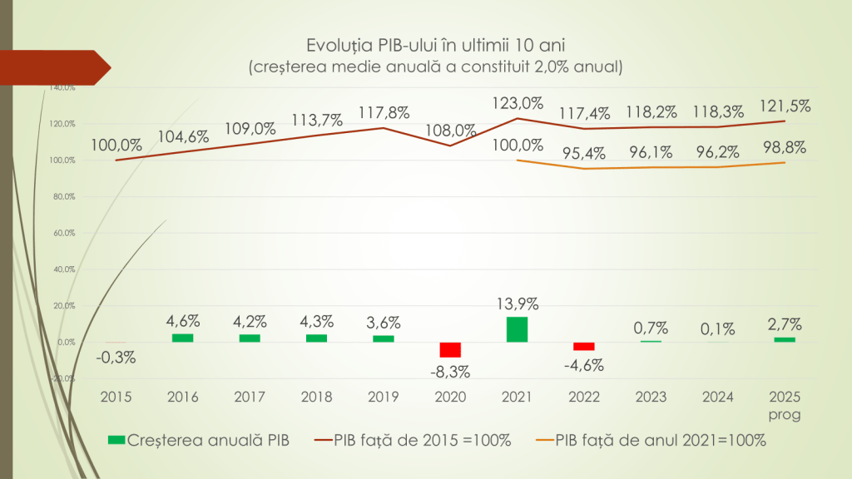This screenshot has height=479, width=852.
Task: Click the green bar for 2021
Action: click(517, 329)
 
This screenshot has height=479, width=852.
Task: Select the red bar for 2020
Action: click(450, 349)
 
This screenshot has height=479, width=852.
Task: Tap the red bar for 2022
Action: click(584, 346)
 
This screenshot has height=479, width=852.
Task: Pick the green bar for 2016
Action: click(182, 338)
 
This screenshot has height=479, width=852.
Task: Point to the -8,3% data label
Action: click(450, 371)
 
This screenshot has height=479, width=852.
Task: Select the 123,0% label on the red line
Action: click(517, 104)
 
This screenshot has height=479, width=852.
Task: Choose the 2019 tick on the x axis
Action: click(384, 397)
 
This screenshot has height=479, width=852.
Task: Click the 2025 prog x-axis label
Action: click(785, 405)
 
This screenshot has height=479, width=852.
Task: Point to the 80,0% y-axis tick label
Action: click(64, 197)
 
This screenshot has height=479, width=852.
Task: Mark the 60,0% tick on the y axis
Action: click(64, 234)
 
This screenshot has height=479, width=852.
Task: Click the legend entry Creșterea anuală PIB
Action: click(200, 441)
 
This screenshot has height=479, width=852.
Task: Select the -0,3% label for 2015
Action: click(116, 358)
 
